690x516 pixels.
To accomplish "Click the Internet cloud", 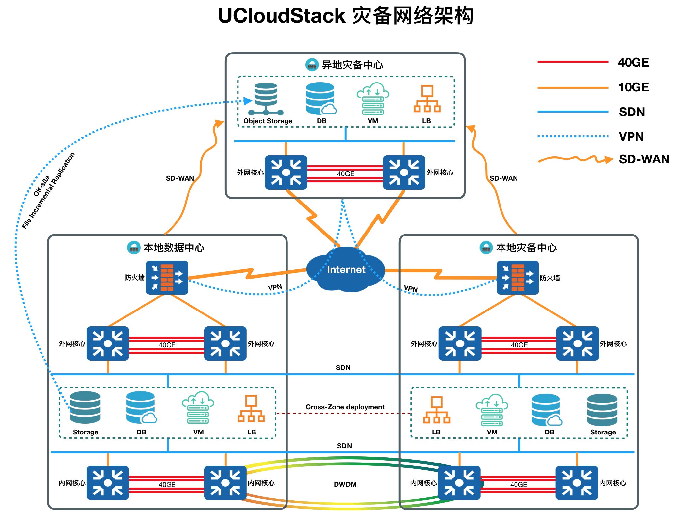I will pyautogui.click(x=346, y=269).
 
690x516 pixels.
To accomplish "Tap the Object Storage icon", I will pyautogui.click(x=266, y=99).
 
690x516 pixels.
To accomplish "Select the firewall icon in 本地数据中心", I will pyautogui.click(x=167, y=278).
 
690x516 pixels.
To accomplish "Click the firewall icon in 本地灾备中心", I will pyautogui.click(x=517, y=278).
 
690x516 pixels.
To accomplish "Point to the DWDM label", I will pyautogui.click(x=345, y=484).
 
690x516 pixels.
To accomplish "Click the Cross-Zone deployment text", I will pyautogui.click(x=345, y=407).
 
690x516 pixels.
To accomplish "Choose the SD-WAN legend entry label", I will pyautogui.click(x=644, y=159).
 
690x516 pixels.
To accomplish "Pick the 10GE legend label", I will pyautogui.click(x=633, y=87).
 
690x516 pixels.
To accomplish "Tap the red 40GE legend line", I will pyautogui.click(x=573, y=61).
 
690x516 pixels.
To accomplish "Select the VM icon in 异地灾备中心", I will pyautogui.click(x=373, y=99).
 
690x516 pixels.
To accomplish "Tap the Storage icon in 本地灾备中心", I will pyautogui.click(x=602, y=410).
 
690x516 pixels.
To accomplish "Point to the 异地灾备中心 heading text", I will pyautogui.click(x=352, y=65).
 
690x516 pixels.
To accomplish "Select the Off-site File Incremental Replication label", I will pyautogui.click(x=48, y=190).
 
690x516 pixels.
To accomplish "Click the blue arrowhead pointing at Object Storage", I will pyautogui.click(x=248, y=101).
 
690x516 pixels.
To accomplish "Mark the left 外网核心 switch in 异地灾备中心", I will pyautogui.click(x=286, y=172).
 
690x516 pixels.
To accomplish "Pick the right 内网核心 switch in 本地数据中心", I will pyautogui.click(x=225, y=483).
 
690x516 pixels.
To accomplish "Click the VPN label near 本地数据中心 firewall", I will pyautogui.click(x=275, y=287).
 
